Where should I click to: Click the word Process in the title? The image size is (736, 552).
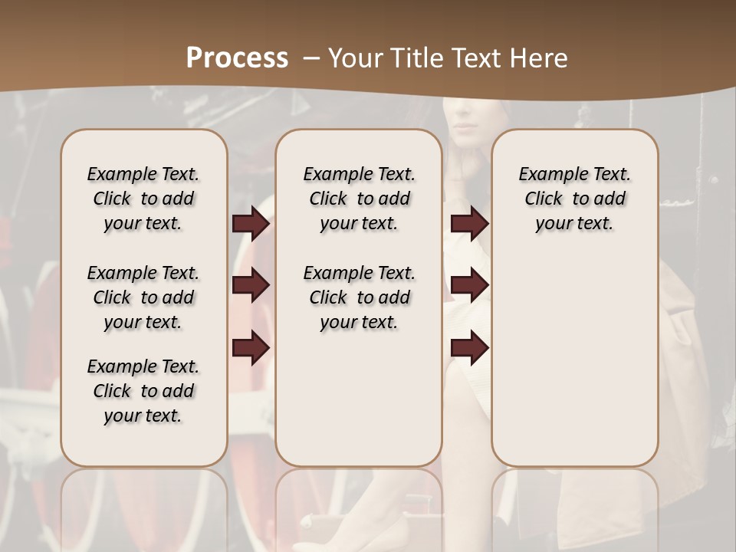(x=237, y=58)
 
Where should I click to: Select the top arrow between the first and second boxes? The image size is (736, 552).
(x=251, y=223)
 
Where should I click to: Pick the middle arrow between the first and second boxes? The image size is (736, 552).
(x=251, y=285)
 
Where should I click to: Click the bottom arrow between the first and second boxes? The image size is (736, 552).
(x=251, y=347)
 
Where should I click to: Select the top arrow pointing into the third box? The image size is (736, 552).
(x=469, y=223)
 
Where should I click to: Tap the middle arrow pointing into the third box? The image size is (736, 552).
(x=469, y=285)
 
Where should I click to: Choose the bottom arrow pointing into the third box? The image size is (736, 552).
(x=469, y=347)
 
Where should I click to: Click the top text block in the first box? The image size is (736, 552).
(x=143, y=199)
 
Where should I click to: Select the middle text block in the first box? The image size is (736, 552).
(x=143, y=297)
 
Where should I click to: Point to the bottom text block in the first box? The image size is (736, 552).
(x=143, y=391)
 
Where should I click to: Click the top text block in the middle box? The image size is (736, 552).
(x=359, y=199)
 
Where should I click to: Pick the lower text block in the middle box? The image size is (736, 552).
(x=359, y=297)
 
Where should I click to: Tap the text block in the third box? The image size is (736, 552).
(x=574, y=199)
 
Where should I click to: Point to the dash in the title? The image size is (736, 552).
(x=310, y=58)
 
